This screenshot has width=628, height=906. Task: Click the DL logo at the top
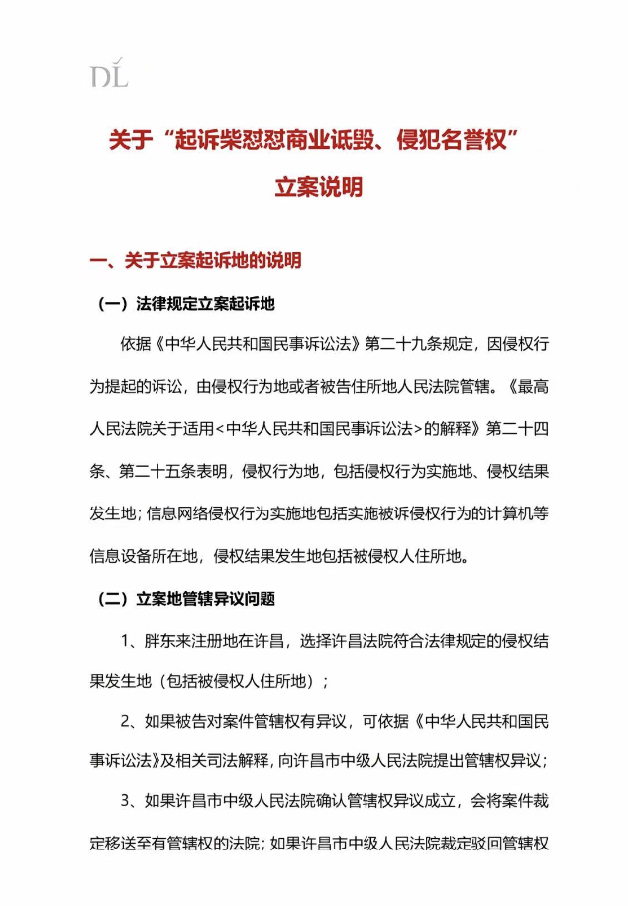coord(109,74)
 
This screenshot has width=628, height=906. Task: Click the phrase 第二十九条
coord(408,345)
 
